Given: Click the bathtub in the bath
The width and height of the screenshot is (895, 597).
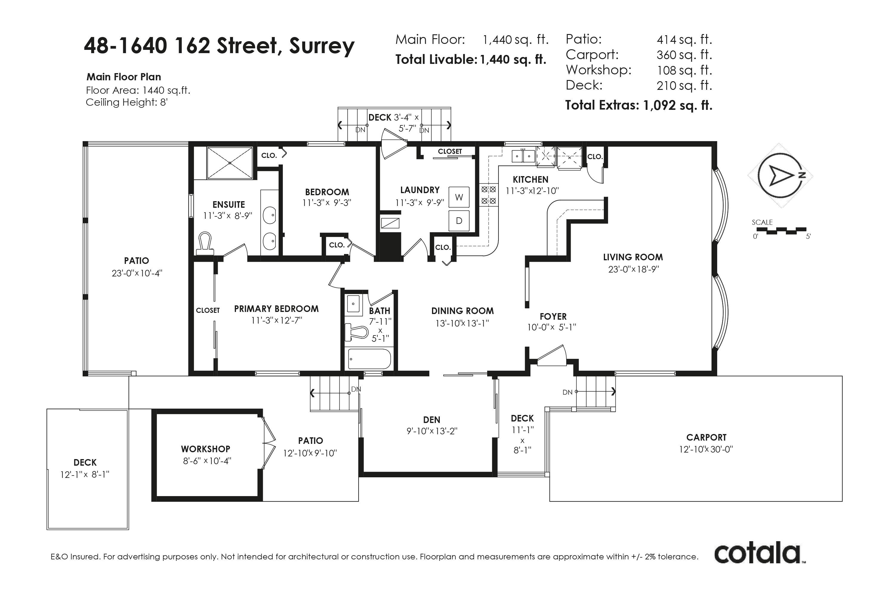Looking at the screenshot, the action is click(x=370, y=359).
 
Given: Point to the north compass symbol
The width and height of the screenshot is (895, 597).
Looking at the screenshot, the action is click(x=780, y=176).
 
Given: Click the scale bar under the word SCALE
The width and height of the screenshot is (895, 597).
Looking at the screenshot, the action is click(x=781, y=231).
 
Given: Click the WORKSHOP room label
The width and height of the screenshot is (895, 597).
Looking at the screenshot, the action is click(x=206, y=449).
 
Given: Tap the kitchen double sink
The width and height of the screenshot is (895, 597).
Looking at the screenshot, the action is click(x=524, y=156).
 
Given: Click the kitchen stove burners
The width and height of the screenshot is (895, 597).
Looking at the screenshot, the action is click(x=488, y=195).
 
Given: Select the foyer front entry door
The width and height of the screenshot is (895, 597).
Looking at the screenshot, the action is click(x=552, y=356).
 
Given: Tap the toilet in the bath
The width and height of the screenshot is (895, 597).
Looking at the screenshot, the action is click(x=357, y=332).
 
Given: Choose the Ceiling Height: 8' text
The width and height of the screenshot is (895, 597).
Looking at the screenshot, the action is click(x=127, y=102).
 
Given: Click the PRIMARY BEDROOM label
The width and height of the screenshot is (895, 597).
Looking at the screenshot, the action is click(x=276, y=309).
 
